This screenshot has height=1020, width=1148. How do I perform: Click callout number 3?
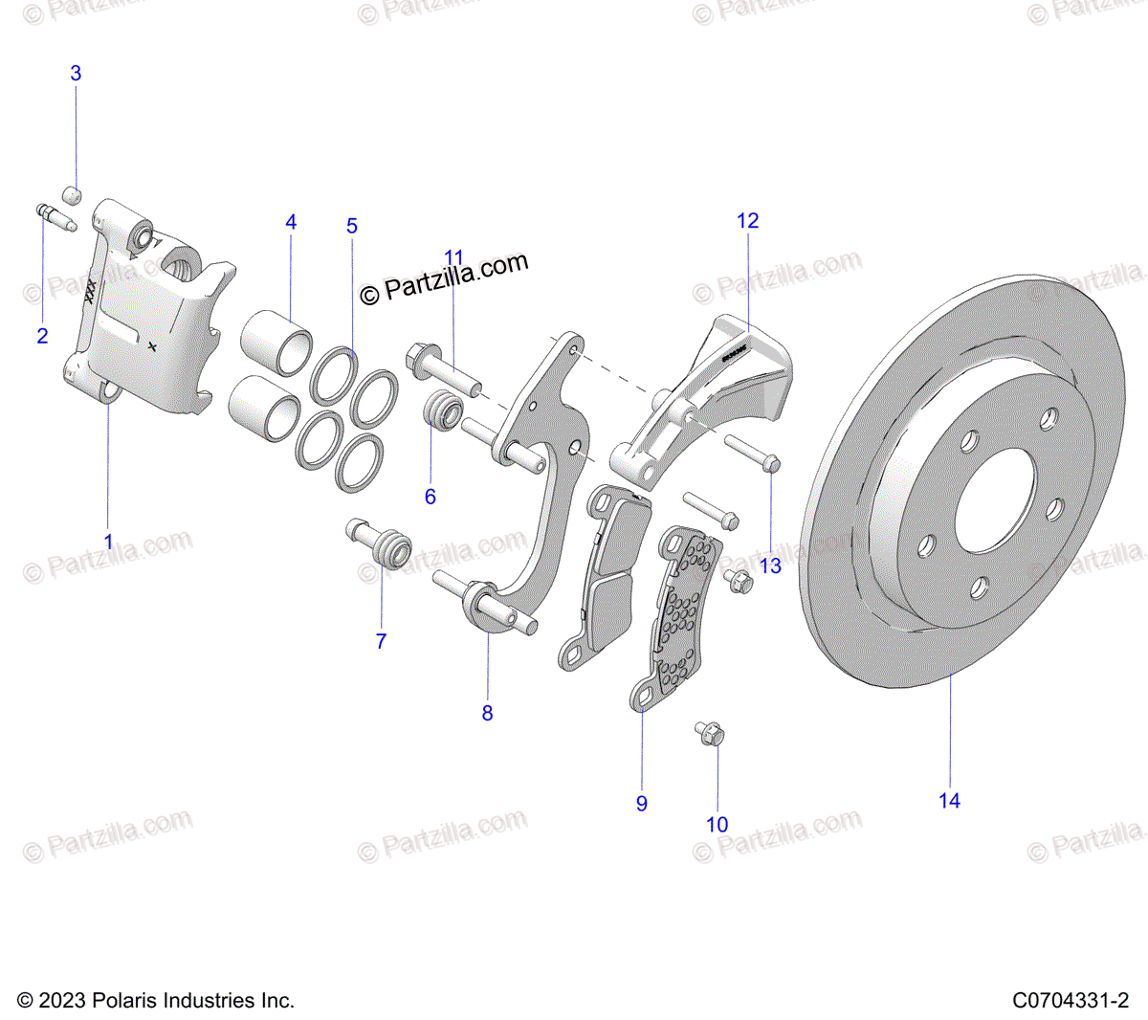pos(76,74)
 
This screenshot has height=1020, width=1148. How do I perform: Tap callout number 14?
pos(949,801)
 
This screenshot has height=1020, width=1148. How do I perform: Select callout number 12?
pos(747,221)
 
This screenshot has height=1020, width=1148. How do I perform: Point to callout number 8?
pos(487,713)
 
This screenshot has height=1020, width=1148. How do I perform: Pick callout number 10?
pos(717,825)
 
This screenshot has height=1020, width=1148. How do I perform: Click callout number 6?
pos(430,497)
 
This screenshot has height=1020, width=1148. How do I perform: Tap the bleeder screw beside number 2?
pos(55,216)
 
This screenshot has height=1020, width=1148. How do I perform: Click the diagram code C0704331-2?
pos(1071,1001)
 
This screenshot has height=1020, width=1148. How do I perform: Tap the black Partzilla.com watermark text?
pos(444,278)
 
